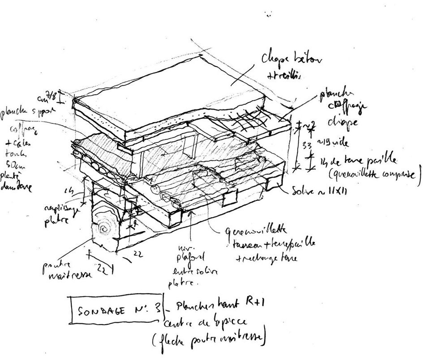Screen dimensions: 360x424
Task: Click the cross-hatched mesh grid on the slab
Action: (x=248, y=118)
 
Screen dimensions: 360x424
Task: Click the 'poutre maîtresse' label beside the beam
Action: (x=67, y=271)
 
